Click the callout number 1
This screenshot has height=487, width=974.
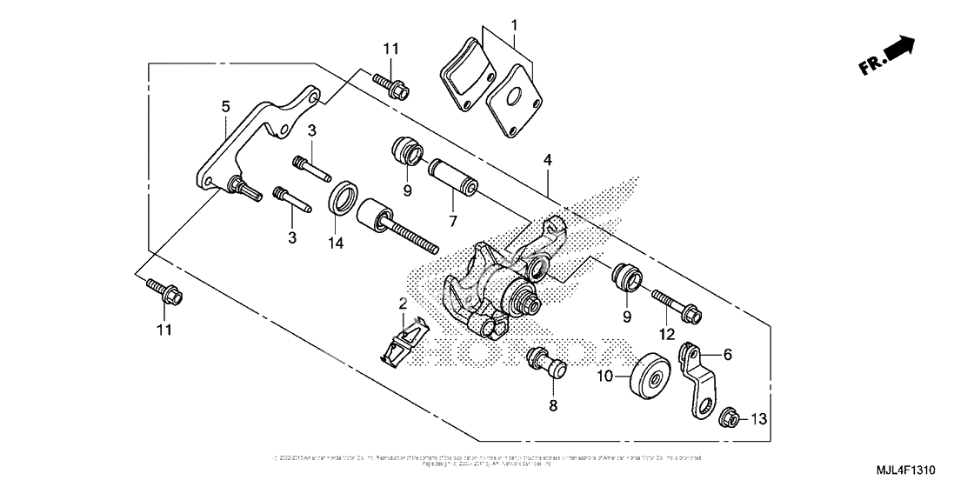click(514, 24)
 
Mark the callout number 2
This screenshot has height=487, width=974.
click(403, 304)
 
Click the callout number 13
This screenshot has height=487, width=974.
click(759, 420)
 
